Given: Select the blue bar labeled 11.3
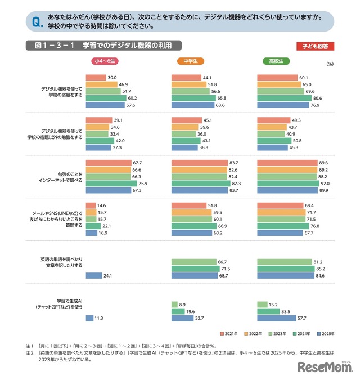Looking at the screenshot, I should (x=88, y=319).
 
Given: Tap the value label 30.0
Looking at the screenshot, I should (x=112, y=77).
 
